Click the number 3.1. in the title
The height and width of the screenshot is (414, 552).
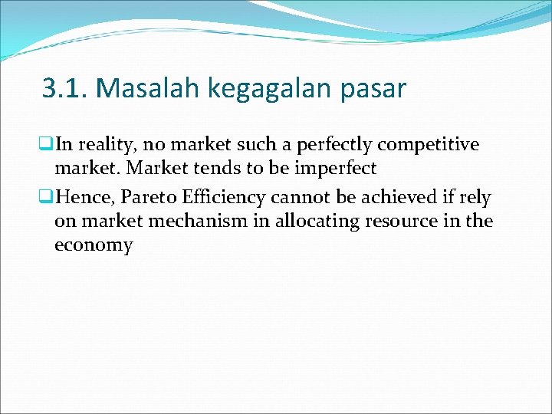(67, 89)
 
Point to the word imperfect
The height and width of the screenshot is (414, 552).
(340, 169)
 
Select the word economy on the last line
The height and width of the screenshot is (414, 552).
(94, 245)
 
